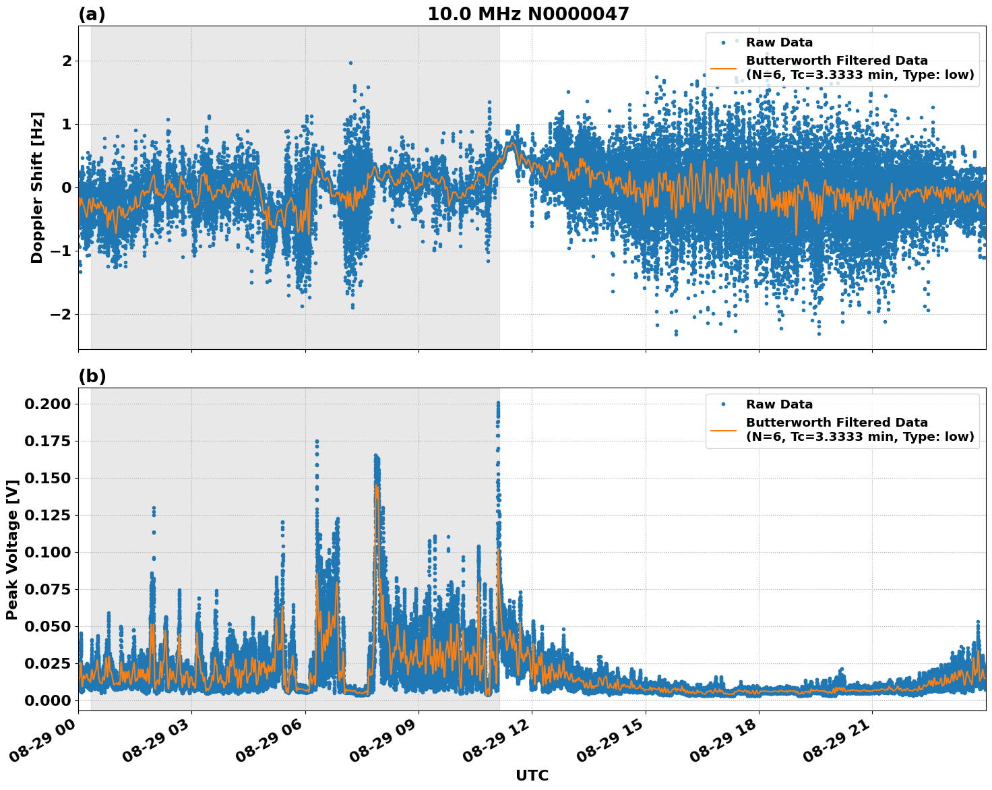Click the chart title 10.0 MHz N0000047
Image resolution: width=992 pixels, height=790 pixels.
click(528, 14)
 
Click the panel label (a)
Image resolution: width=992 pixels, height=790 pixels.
click(92, 14)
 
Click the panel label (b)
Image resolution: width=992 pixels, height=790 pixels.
click(92, 377)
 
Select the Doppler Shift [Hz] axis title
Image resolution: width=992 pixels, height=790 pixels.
click(36, 187)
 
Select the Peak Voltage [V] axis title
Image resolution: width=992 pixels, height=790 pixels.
click(11, 549)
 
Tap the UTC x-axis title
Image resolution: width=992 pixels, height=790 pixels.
click(532, 776)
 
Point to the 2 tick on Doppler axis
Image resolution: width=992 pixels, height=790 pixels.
click(67, 61)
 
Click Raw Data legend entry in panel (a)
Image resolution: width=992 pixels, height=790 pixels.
click(779, 42)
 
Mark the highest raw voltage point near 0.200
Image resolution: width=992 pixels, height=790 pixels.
click(498, 403)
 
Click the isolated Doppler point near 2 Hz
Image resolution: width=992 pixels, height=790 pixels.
click(350, 63)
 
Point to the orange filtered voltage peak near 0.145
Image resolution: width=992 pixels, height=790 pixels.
click(377, 487)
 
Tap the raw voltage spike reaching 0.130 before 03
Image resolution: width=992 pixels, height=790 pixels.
click(154, 508)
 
